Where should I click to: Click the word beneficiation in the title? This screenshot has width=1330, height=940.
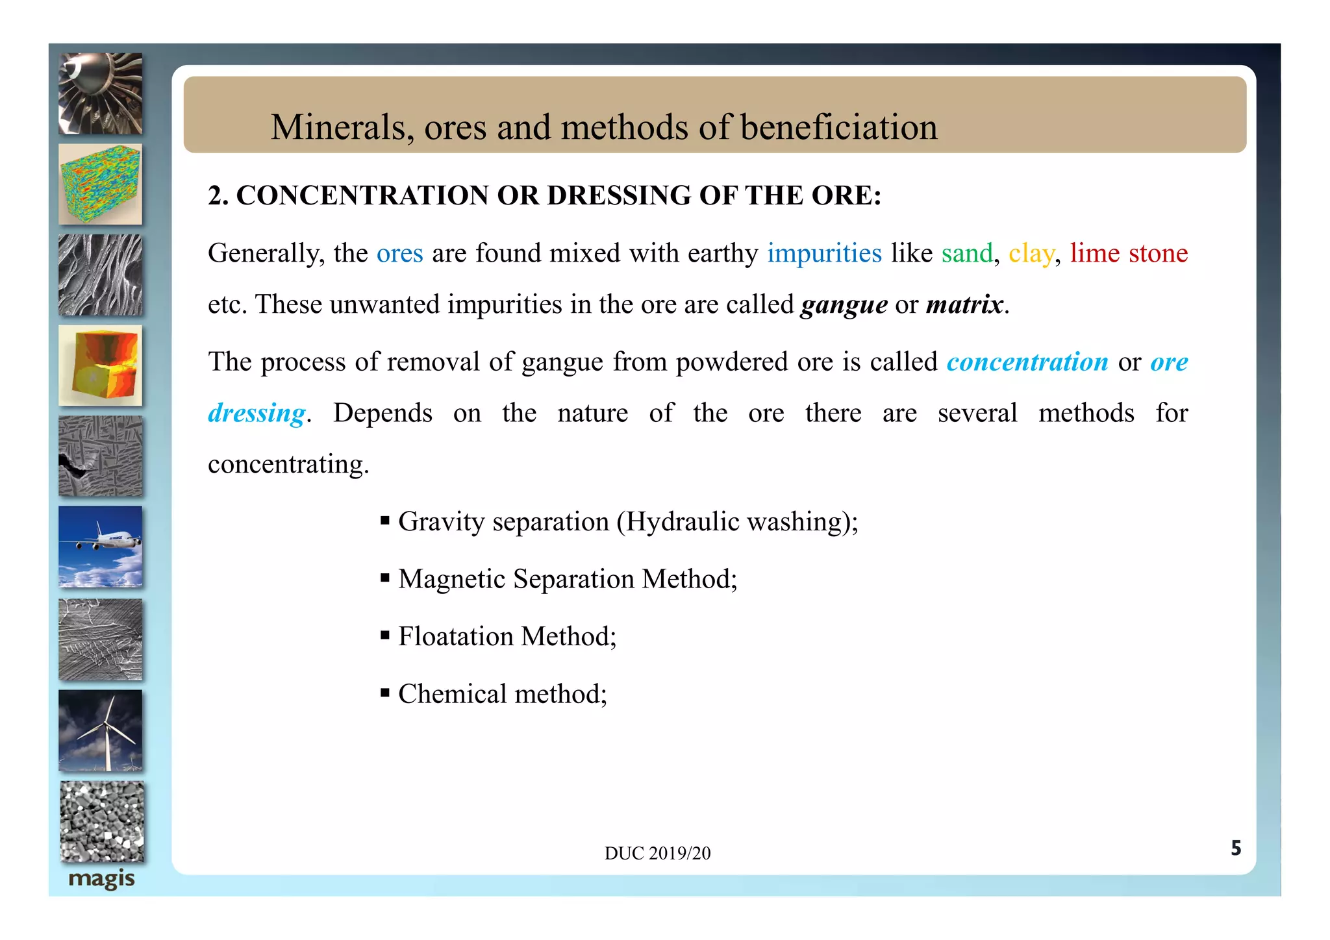click(x=838, y=127)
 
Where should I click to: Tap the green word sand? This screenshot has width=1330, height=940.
click(x=967, y=253)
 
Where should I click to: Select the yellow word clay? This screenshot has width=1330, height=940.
click(x=1031, y=254)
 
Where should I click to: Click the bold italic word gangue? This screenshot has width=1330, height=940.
click(x=844, y=304)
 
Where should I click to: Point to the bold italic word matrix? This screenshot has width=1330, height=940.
click(x=964, y=304)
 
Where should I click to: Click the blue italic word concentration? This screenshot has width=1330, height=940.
click(x=1027, y=362)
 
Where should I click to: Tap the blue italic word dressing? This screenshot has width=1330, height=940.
click(x=257, y=414)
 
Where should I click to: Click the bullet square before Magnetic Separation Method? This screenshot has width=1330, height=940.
click(x=385, y=577)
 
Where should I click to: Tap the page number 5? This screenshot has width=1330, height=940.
click(x=1236, y=848)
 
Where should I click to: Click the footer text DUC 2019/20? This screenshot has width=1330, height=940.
click(x=657, y=853)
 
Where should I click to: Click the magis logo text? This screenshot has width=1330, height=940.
click(x=101, y=879)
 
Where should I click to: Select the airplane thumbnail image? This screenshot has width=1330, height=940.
click(x=101, y=547)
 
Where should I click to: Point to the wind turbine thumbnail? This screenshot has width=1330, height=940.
click(x=101, y=730)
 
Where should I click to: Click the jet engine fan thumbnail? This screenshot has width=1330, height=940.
click(x=101, y=93)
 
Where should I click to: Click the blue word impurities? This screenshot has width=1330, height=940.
click(x=824, y=253)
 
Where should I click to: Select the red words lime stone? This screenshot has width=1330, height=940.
click(x=1129, y=253)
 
